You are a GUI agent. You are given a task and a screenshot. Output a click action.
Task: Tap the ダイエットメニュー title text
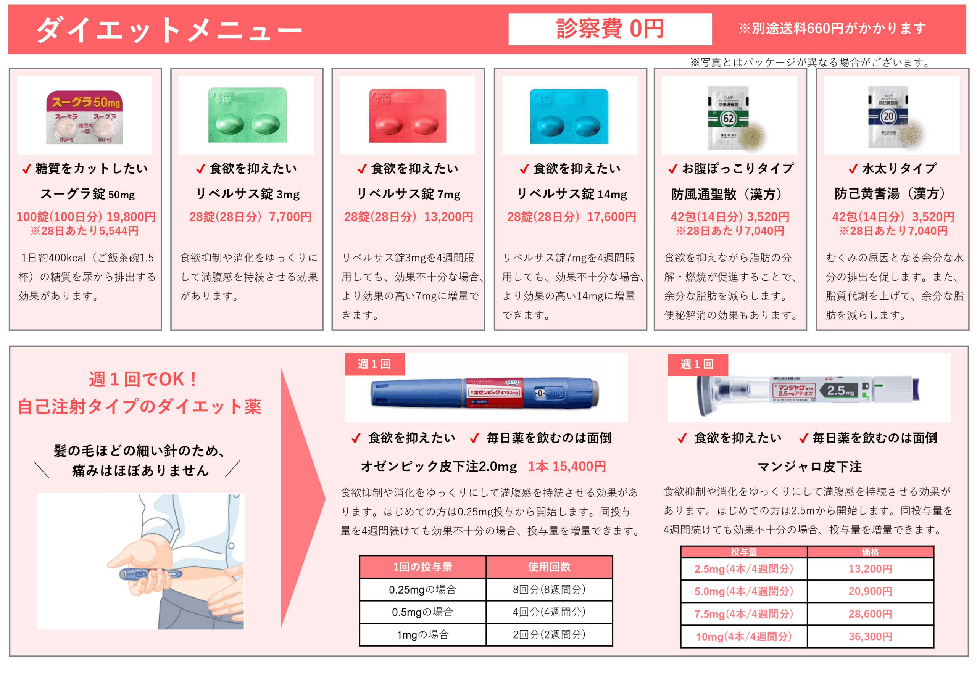[169, 30]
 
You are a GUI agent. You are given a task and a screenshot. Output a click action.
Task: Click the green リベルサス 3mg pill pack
[247, 115]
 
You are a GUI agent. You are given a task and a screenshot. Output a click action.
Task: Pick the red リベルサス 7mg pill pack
[408, 115]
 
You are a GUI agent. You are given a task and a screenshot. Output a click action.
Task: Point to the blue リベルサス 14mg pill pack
[569, 116]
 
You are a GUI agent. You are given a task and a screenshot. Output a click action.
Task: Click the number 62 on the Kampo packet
[728, 119]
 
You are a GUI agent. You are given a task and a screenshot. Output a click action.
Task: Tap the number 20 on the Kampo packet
[888, 116]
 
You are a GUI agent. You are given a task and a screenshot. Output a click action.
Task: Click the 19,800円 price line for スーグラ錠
[86, 217]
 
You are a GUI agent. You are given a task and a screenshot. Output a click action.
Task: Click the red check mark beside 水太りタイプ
[853, 169]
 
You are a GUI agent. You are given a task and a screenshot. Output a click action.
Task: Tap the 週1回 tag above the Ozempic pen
[374, 364]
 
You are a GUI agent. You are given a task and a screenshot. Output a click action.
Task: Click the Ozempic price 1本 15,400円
[567, 466]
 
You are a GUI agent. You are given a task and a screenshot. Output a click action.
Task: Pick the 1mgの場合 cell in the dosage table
[422, 634]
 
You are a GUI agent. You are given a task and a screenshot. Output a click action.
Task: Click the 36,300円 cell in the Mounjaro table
[870, 636]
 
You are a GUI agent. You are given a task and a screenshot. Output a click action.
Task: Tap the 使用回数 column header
[549, 567]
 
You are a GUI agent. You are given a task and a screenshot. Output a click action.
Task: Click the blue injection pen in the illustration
[150, 574]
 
